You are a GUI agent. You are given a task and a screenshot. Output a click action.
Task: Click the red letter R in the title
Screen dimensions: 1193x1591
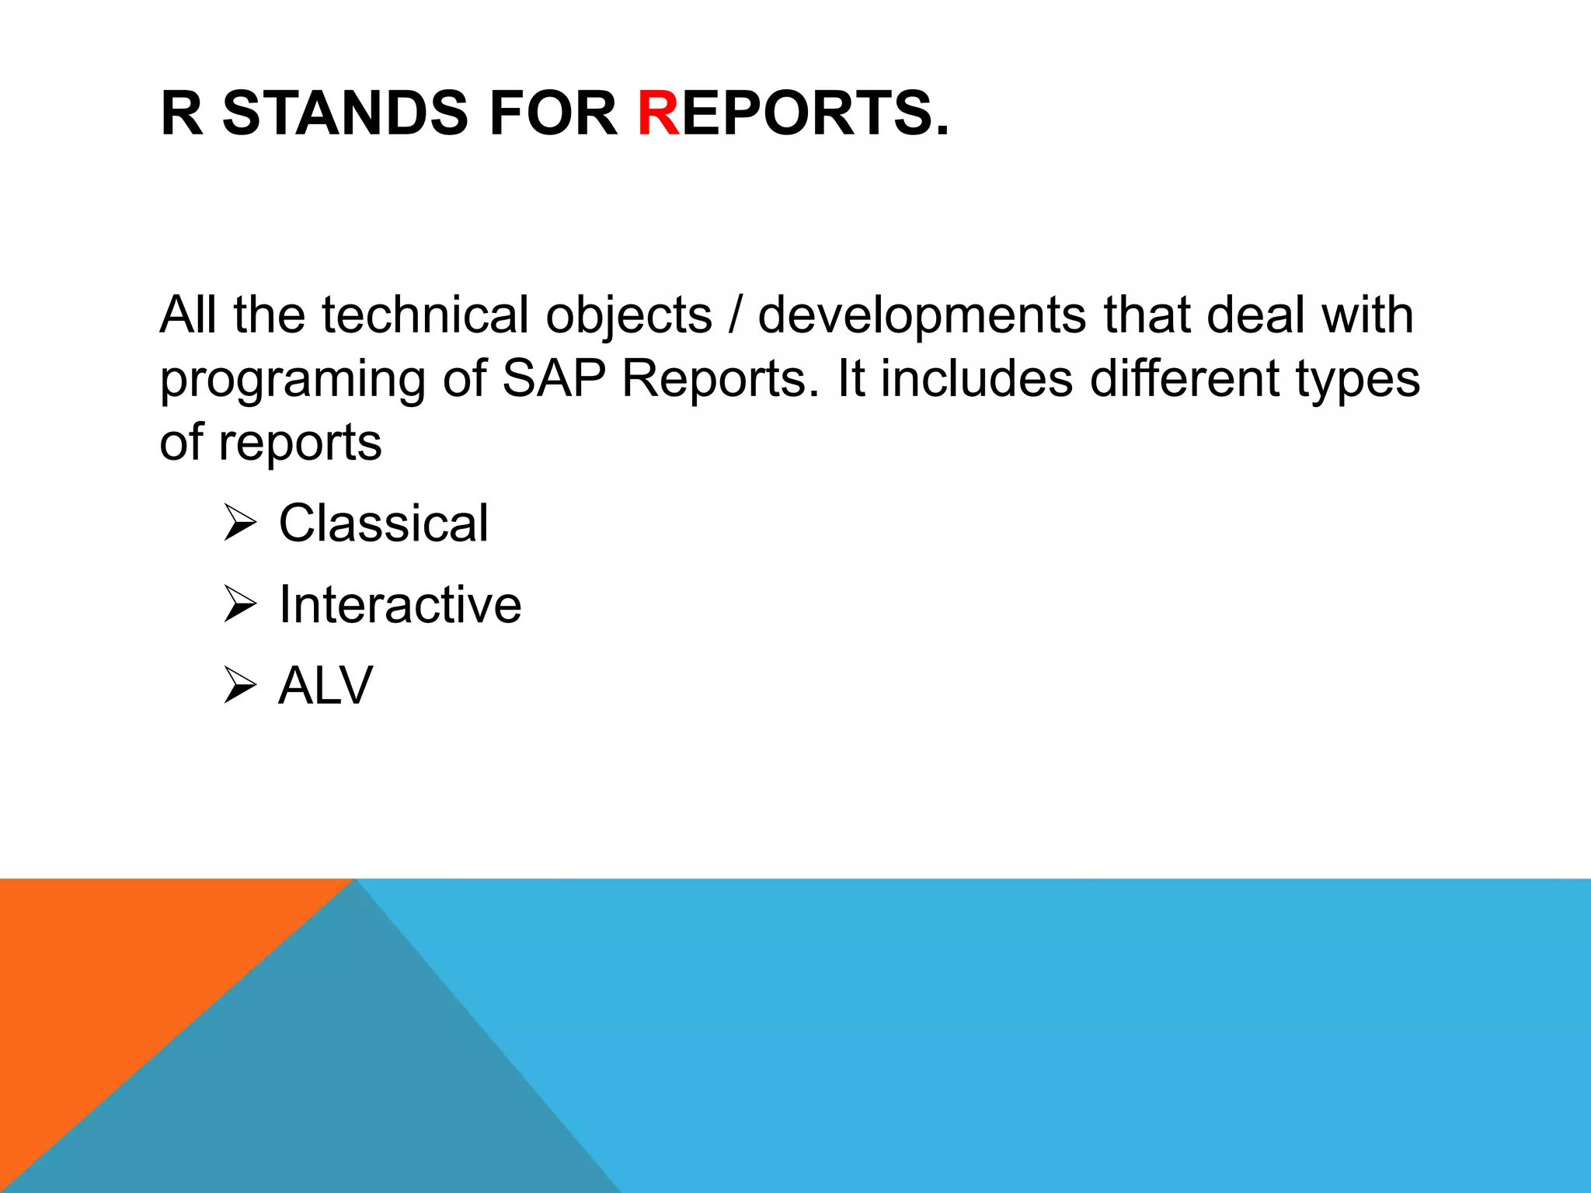point(658,113)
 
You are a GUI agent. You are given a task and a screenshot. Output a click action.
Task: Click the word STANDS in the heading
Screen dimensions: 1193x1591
point(345,113)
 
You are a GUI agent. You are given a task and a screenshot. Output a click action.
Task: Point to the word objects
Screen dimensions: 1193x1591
point(628,316)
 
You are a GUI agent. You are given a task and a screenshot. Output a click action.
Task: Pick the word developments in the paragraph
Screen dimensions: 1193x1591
point(922,316)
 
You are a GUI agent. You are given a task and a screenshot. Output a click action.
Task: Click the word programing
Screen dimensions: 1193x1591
point(292,380)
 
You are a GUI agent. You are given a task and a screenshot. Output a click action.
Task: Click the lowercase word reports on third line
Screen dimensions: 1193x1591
point(300,443)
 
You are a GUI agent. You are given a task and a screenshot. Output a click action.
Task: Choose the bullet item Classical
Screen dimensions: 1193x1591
point(384,523)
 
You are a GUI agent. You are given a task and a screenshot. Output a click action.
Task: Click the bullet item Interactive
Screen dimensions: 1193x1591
point(400,604)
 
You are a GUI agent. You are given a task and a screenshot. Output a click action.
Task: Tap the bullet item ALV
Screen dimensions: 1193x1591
point(326,685)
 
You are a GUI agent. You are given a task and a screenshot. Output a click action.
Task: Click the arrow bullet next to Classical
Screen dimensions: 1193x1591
point(239,523)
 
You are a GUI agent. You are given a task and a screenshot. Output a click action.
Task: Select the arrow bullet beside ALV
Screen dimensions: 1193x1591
point(239,685)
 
